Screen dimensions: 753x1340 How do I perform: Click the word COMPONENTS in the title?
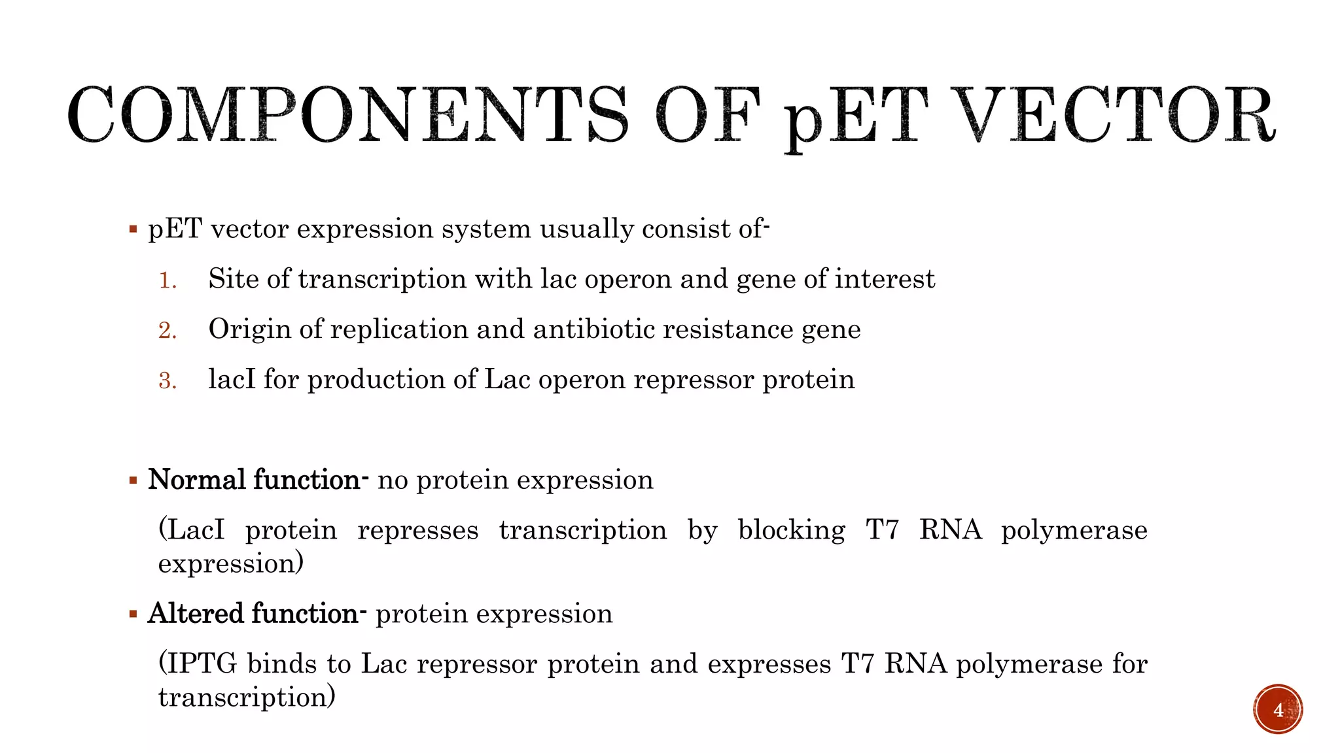point(347,116)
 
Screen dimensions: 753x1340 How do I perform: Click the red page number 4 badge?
point(1278,709)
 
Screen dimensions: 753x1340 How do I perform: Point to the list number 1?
point(167,280)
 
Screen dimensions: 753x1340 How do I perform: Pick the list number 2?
point(167,330)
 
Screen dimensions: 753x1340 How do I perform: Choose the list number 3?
point(167,380)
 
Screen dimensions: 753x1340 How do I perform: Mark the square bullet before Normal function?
point(133,481)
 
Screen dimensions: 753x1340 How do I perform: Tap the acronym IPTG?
point(203,664)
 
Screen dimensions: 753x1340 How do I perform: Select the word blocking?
point(791,530)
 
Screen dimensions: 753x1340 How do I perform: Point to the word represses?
point(418,530)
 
